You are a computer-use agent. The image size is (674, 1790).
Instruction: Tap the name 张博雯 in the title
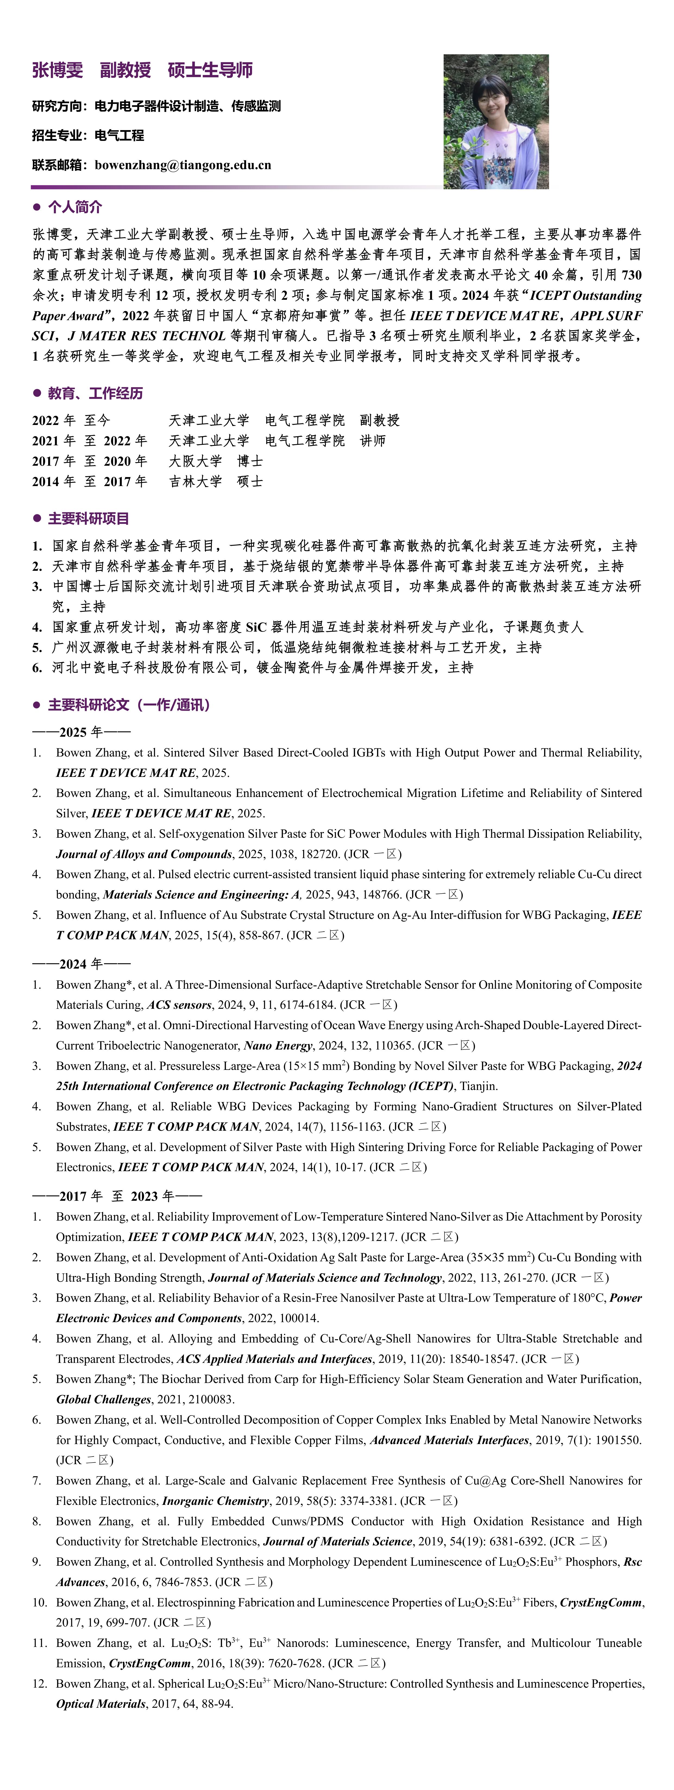pos(58,70)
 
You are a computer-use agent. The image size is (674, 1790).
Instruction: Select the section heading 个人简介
pos(75,207)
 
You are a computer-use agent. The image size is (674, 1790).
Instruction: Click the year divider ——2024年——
pos(81,964)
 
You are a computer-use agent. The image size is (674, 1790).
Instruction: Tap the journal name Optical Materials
pos(101,1704)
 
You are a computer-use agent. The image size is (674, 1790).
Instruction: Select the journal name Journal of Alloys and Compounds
pos(144,854)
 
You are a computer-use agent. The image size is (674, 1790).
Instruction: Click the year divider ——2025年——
pos(81,732)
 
